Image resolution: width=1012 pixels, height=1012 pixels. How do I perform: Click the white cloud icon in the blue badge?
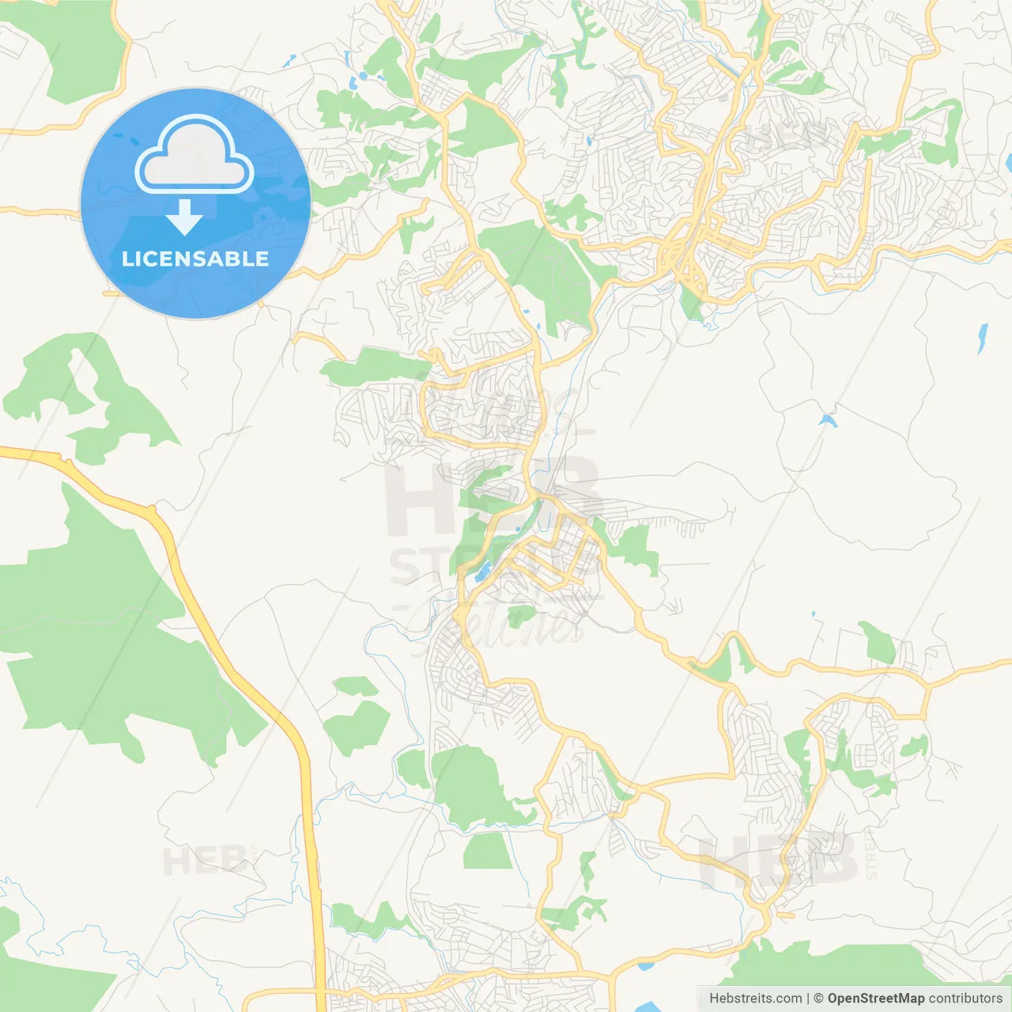[x=194, y=155]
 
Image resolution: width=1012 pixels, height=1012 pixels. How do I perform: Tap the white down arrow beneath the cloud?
[x=184, y=217]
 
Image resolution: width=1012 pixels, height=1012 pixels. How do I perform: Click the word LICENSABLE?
[x=195, y=259]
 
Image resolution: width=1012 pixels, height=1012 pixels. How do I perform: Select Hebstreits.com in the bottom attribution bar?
[x=755, y=999]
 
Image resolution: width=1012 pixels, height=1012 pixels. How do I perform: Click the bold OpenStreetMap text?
[x=875, y=999]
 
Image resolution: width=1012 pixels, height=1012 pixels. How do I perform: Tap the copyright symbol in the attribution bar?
[x=819, y=999]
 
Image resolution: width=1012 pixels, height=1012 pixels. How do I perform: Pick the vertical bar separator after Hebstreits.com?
[x=809, y=999]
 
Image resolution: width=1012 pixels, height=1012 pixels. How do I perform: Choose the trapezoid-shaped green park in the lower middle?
[x=488, y=852]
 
